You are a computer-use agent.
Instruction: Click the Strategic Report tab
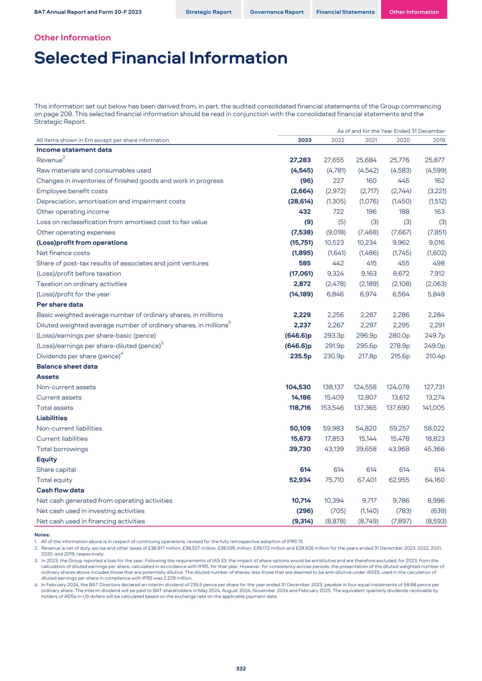209,12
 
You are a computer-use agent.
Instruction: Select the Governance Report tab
277,12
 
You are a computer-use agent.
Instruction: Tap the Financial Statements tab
345,12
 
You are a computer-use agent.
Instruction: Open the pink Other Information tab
414,12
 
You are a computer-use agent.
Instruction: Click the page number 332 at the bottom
241,669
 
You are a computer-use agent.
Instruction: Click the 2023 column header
304,140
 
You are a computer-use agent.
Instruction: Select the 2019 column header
439,140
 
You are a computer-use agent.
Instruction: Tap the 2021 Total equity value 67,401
368,480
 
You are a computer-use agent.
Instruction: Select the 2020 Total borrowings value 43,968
401,449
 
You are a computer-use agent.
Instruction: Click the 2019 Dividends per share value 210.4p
435,356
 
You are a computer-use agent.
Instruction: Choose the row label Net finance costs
63,253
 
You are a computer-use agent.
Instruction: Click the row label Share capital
56,469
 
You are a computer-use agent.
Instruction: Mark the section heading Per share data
60,304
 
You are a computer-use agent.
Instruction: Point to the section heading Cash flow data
60,490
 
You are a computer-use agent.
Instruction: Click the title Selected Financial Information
161,58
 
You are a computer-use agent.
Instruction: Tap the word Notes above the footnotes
42,535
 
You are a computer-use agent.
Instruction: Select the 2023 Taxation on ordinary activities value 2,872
302,284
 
